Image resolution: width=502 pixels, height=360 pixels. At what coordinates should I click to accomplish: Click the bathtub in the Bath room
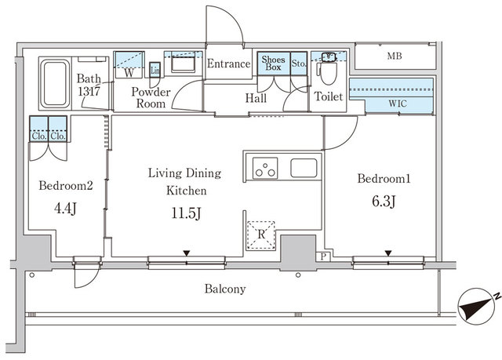pyautogui.click(x=54, y=82)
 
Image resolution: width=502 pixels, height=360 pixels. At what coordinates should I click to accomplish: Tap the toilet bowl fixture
pyautogui.click(x=328, y=75)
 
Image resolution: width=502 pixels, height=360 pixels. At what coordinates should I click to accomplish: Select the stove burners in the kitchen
pyautogui.click(x=265, y=168)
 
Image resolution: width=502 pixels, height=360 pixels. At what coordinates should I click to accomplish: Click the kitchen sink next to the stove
pyautogui.click(x=304, y=168)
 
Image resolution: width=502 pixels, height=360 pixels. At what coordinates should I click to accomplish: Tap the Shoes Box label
pyautogui.click(x=273, y=64)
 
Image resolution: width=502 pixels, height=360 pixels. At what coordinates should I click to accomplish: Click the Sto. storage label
pyautogui.click(x=298, y=63)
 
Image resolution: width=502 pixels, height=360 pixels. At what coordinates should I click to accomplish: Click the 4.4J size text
pyautogui.click(x=65, y=209)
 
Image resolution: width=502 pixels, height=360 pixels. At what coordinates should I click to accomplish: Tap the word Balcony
pyautogui.click(x=225, y=289)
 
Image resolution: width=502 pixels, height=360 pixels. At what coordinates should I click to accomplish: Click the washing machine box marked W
pyautogui.click(x=127, y=71)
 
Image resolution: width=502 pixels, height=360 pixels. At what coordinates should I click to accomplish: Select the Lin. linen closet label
pyautogui.click(x=155, y=71)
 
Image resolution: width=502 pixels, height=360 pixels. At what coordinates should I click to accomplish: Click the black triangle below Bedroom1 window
pyautogui.click(x=387, y=253)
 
